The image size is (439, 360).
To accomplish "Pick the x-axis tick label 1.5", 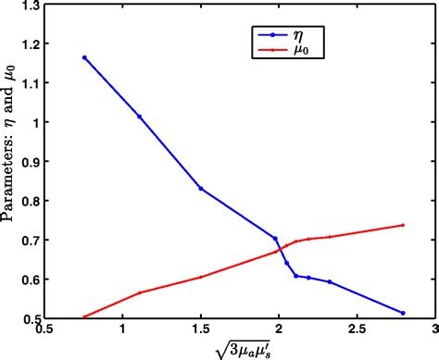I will [x=200, y=329].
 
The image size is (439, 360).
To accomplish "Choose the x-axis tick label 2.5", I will [x=356, y=329].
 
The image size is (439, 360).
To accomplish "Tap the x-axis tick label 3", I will [x=433, y=329].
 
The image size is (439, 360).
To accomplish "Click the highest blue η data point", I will [x=84, y=57].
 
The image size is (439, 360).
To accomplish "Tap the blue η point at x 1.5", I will [x=200, y=189].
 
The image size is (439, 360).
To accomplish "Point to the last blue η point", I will [x=403, y=313].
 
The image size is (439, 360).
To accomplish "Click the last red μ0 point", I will [x=403, y=225].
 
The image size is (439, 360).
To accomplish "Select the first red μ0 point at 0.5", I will [x=84, y=317].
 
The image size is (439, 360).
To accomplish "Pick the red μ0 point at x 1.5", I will [x=200, y=277].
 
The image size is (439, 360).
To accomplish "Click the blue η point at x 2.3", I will [x=329, y=281].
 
